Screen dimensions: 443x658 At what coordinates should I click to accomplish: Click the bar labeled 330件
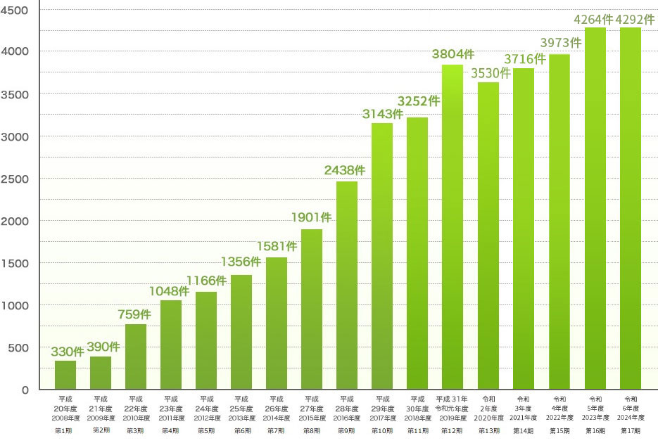[x=65, y=375]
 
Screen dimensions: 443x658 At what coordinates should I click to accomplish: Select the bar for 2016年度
[x=347, y=285]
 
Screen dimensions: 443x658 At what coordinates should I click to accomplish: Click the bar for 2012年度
[x=206, y=340]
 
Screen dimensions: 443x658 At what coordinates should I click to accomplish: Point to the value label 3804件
[x=453, y=54]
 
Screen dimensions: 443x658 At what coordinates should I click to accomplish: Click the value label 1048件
[x=169, y=290]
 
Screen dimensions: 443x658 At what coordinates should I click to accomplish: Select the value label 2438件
[x=345, y=170]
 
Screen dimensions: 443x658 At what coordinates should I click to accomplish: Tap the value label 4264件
[x=593, y=19]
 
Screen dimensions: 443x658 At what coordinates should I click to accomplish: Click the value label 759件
[x=133, y=314]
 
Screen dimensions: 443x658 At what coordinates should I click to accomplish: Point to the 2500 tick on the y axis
[x=15, y=179]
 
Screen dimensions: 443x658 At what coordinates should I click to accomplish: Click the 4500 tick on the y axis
[x=15, y=10]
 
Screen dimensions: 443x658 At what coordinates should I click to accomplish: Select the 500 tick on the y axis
[x=18, y=347]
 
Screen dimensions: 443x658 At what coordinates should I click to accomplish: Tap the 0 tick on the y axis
[x=25, y=390]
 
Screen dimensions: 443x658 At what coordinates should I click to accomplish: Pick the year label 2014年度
[x=277, y=418]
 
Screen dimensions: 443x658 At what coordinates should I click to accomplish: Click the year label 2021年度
[x=524, y=418]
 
